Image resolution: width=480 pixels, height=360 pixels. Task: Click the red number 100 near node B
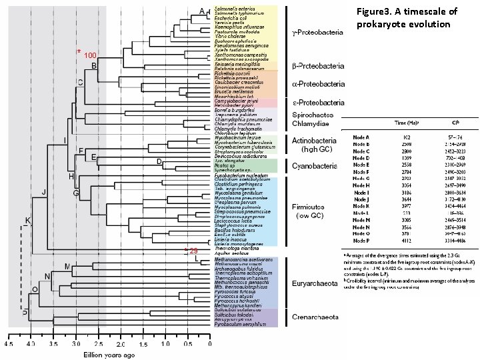pyautogui.click(x=91, y=55)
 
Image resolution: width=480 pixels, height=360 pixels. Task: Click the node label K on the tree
pyautogui.click(x=28, y=220)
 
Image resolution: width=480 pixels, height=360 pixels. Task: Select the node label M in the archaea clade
pyautogui.click(x=68, y=267)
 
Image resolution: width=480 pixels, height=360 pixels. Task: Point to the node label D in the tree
pyautogui.click(x=159, y=161)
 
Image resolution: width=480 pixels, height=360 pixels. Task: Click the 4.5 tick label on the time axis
pyautogui.click(x=9, y=345)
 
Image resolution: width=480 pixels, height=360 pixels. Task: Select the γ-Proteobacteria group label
pyautogui.click(x=317, y=31)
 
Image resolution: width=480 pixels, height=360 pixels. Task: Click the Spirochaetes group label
pyautogui.click(x=315, y=115)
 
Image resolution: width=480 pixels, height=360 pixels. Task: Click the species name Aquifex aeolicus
pyautogui.click(x=231, y=253)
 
